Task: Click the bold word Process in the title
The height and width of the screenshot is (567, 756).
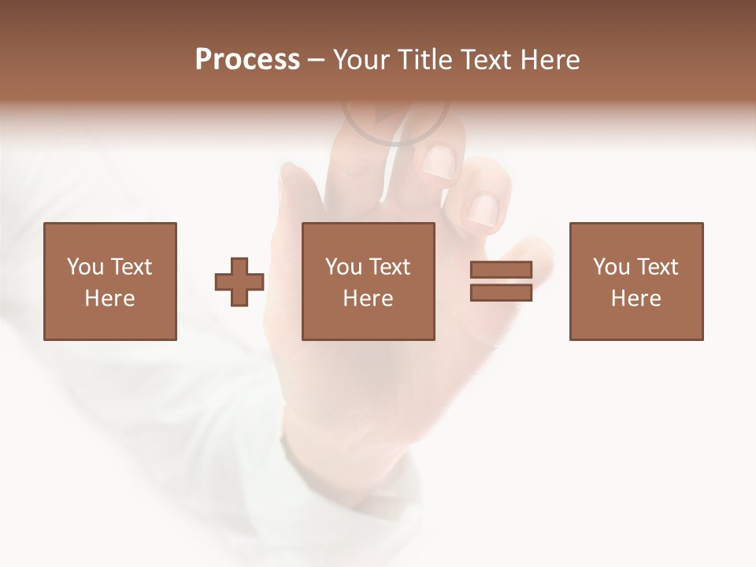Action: (247, 60)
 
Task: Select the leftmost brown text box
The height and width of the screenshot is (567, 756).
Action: (110, 281)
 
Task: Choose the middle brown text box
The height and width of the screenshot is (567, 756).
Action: (369, 281)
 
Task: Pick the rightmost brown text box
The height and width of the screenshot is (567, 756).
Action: (636, 281)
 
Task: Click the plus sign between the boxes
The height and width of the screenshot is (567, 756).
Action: (239, 282)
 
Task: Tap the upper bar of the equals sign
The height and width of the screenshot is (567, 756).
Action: (501, 270)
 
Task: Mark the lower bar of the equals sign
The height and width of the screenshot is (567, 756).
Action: (501, 293)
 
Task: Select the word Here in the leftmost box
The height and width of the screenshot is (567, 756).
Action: (110, 298)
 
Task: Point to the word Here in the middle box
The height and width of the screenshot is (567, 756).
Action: (369, 298)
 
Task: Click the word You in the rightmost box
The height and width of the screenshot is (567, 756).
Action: (610, 267)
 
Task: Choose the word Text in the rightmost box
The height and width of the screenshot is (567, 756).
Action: (656, 267)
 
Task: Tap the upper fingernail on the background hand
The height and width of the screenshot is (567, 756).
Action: (438, 161)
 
